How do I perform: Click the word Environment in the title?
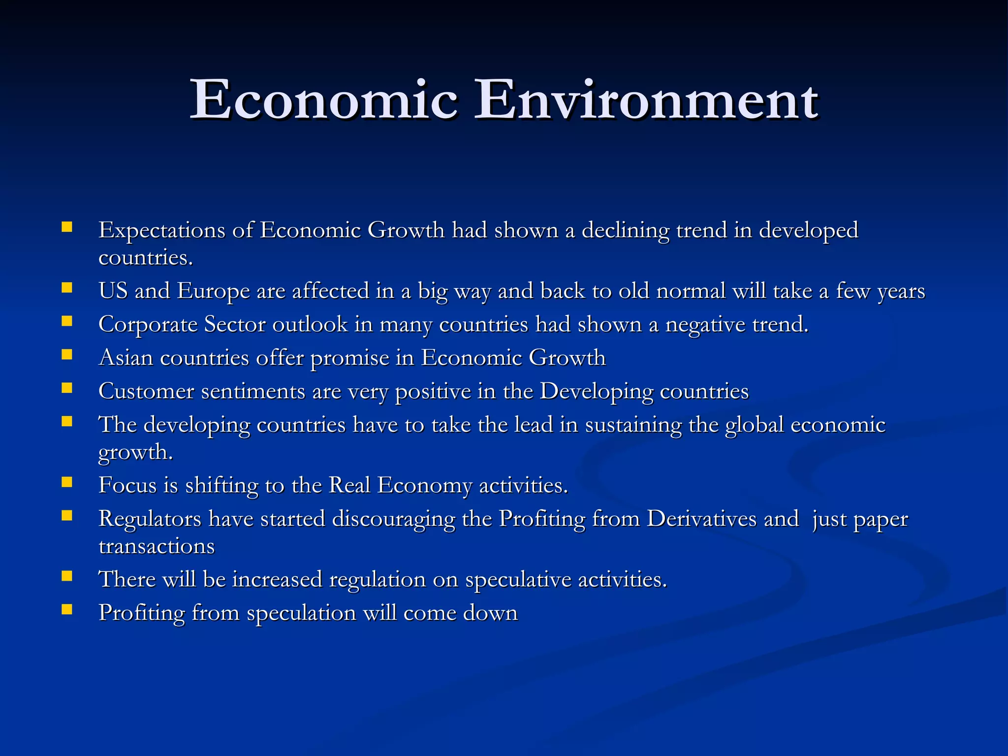(x=646, y=100)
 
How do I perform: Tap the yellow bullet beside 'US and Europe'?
(x=67, y=287)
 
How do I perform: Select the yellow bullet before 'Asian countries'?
(x=67, y=354)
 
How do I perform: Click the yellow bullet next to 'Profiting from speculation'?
(x=67, y=610)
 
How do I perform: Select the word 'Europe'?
(x=213, y=291)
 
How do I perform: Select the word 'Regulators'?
(x=150, y=519)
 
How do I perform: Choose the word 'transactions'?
(x=157, y=546)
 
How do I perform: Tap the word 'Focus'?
(x=127, y=485)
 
